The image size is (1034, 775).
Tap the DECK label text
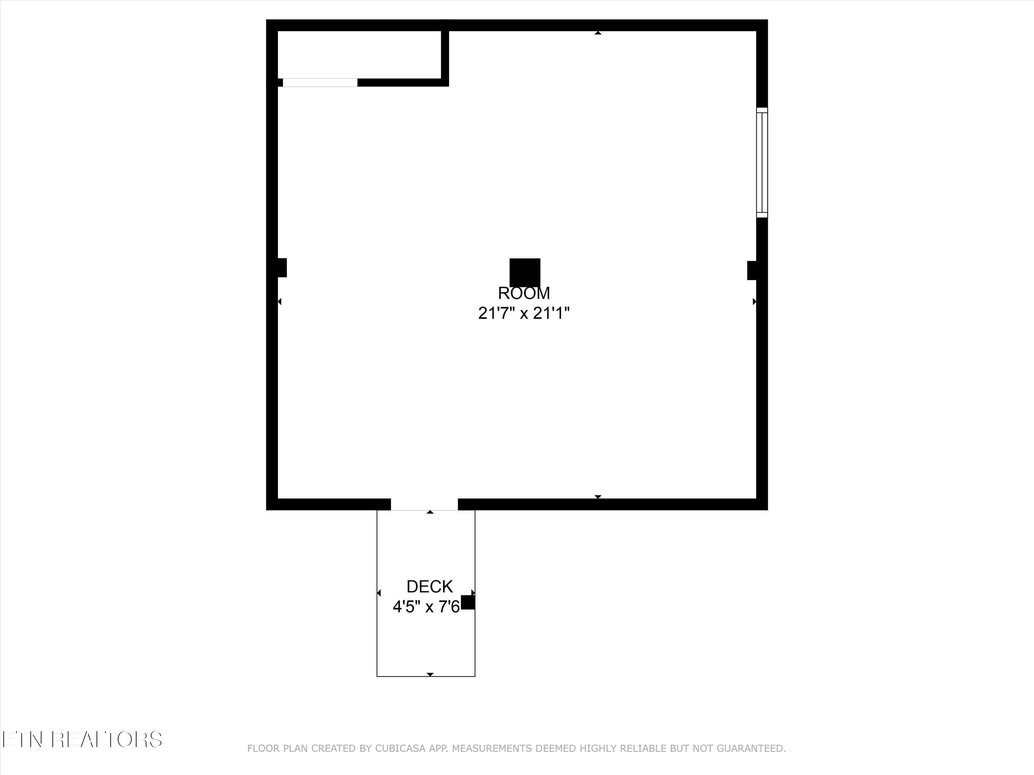click(429, 587)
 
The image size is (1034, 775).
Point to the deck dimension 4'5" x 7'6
click(426, 607)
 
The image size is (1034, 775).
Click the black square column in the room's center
click(525, 272)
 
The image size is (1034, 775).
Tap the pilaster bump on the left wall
click(282, 268)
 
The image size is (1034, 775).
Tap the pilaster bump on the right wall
click(752, 270)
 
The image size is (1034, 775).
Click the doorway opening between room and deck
click(424, 505)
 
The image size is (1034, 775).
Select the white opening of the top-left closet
click(320, 83)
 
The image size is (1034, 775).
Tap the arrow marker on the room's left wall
click(279, 302)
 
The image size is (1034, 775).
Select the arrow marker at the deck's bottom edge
click(430, 674)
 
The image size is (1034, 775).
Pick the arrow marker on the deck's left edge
click(379, 593)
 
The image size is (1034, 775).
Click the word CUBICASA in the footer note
click(400, 749)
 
